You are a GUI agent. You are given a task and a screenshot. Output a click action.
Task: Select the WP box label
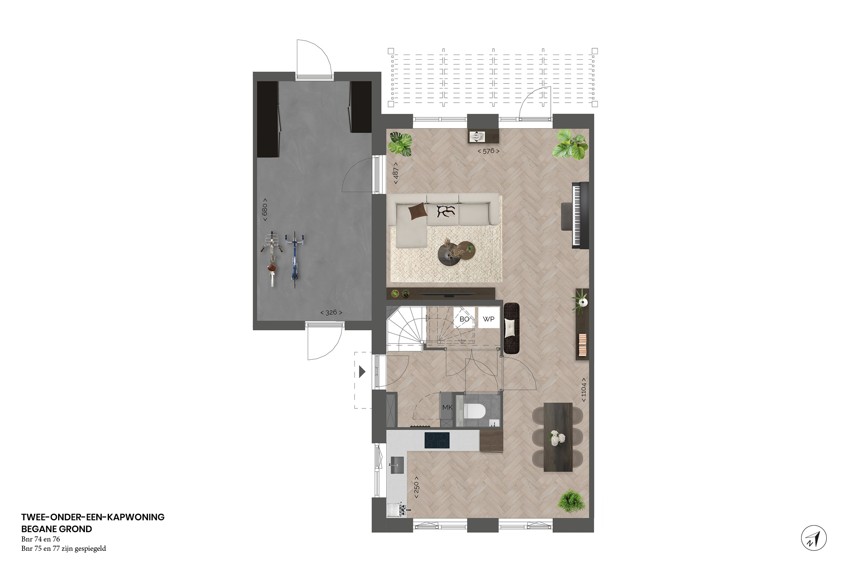(488, 319)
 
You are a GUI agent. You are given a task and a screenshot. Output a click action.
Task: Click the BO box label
(464, 319)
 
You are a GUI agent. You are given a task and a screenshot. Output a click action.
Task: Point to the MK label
(447, 407)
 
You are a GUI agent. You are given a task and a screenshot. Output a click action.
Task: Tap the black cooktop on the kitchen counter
(437, 440)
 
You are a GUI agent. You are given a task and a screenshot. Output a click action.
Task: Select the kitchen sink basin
(397, 465)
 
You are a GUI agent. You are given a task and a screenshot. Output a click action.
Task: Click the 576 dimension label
(488, 151)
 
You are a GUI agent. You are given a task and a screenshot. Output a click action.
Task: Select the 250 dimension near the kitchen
(416, 490)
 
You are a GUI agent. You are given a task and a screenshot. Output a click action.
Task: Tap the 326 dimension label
(331, 313)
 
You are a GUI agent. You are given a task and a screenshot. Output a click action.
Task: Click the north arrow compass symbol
(814, 538)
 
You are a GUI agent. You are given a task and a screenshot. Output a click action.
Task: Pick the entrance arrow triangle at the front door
(362, 372)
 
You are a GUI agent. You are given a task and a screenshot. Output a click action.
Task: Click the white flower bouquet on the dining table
(557, 437)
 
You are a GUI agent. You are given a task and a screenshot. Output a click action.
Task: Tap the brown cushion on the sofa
(418, 211)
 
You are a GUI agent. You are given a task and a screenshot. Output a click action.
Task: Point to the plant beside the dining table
(572, 501)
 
